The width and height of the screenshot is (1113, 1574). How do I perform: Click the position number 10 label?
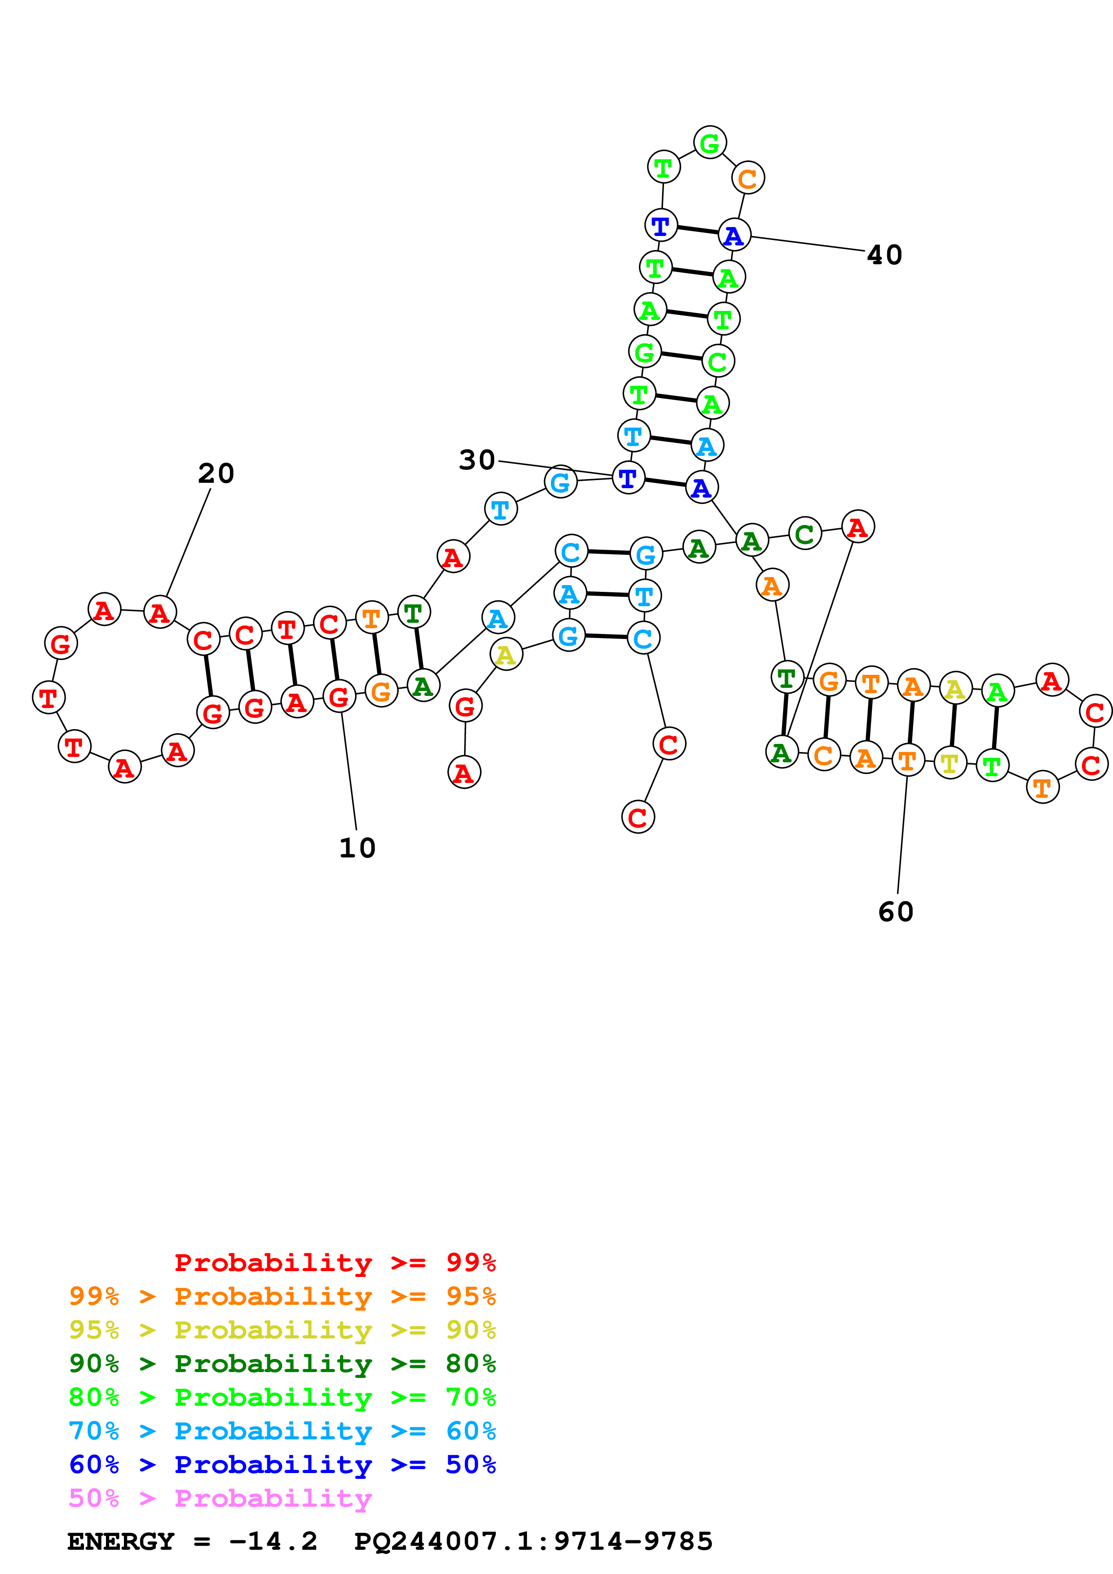point(357,848)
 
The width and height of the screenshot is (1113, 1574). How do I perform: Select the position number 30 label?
point(477,460)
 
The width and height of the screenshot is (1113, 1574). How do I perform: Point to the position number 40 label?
point(884,255)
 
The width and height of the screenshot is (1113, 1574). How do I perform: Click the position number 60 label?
point(896,912)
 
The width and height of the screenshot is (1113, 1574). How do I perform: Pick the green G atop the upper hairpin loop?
point(710,143)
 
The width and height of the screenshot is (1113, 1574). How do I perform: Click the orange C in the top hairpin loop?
point(748,178)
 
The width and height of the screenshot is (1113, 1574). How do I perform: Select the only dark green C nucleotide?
point(805,533)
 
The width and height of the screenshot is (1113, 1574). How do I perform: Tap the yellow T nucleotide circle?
point(950,763)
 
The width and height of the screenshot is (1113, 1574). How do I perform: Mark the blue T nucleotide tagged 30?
point(628,478)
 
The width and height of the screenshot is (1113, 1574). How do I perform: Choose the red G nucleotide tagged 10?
point(339,697)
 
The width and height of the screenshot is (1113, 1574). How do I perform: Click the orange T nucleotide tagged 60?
point(907,760)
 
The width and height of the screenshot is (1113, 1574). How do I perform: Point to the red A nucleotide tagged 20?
point(160,612)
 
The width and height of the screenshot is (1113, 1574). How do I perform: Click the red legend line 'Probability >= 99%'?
point(334,1262)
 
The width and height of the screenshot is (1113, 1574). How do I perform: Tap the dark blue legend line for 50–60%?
point(282,1465)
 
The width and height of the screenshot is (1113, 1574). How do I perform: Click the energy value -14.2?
point(273,1542)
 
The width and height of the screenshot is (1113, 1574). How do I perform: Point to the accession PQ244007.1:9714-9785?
point(533,1542)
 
